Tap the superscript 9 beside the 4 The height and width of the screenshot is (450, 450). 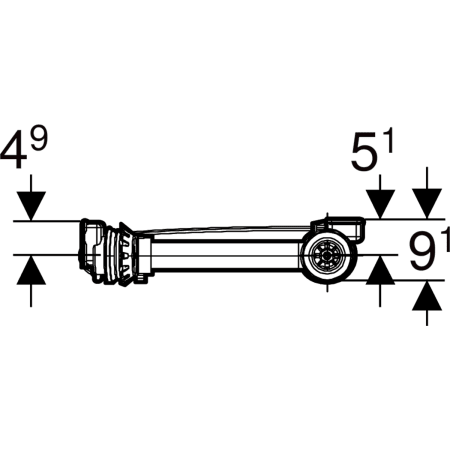click(x=39, y=138)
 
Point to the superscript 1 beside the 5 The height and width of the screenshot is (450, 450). click(x=389, y=140)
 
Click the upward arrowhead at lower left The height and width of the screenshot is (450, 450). click(x=31, y=270)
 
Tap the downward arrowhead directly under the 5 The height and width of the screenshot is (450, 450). click(x=380, y=204)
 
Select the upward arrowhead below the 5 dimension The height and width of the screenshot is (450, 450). click(x=380, y=270)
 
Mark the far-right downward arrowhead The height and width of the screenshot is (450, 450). click(x=427, y=204)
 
